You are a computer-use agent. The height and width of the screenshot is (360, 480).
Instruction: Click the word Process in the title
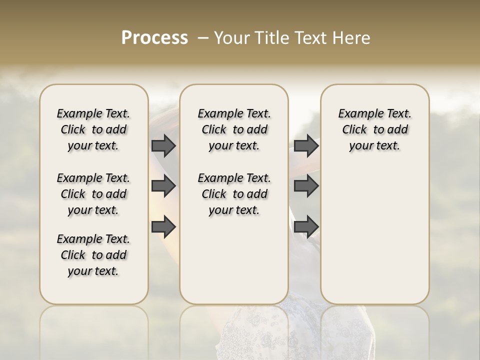click(154, 37)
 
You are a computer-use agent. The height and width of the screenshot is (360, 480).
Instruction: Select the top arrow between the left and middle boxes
click(163, 145)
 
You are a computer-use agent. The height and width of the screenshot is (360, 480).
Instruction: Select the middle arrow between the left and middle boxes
click(163, 186)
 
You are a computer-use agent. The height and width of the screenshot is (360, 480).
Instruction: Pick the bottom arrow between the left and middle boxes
click(163, 226)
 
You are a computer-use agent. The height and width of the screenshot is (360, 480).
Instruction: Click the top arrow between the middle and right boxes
click(306, 145)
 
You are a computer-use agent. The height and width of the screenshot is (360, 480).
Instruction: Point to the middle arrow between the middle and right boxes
click(306, 186)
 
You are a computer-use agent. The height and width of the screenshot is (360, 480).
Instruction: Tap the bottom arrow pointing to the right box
click(306, 226)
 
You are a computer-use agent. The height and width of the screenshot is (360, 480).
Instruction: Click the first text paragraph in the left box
click(93, 129)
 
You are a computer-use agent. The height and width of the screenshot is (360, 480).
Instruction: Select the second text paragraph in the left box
click(93, 194)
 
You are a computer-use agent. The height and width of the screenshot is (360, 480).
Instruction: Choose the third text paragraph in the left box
click(93, 255)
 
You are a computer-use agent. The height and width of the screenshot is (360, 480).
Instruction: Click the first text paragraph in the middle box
click(234, 129)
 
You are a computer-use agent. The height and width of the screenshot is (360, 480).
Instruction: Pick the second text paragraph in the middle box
click(234, 194)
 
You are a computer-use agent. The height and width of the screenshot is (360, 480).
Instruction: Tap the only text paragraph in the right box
click(374, 129)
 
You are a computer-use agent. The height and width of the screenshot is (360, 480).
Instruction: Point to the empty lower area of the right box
click(374, 235)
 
